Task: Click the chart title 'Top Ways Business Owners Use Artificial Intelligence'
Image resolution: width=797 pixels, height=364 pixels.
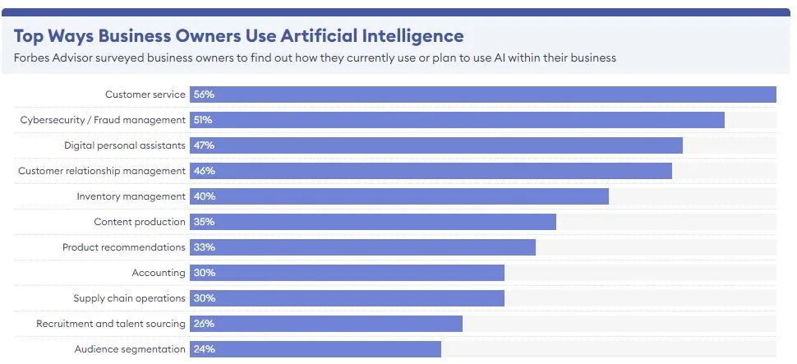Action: (238, 35)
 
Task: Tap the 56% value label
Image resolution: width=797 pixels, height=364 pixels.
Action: (204, 94)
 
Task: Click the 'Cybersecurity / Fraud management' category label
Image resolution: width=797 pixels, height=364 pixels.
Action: (103, 120)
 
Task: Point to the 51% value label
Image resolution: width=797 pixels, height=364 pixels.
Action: (203, 120)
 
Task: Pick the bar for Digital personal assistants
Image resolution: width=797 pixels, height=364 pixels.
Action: (436, 145)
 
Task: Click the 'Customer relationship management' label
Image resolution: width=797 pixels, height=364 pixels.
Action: (102, 171)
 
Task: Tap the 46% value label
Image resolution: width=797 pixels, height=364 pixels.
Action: (204, 171)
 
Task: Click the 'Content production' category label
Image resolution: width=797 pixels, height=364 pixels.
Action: (140, 222)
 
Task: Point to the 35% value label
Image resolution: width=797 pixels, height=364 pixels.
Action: (204, 222)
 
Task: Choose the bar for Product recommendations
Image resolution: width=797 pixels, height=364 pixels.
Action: (362, 247)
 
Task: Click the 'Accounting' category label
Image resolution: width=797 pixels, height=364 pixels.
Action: (159, 273)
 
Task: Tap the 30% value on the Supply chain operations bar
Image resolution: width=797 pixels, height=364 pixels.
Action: (204, 298)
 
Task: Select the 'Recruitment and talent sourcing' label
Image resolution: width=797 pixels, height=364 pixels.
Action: (111, 324)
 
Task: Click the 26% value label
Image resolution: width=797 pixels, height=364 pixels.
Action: (204, 324)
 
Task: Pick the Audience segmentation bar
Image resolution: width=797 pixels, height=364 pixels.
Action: (316, 349)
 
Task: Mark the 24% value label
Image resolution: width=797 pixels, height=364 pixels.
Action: (204, 349)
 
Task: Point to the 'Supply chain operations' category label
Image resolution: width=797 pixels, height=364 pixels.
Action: (129, 298)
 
